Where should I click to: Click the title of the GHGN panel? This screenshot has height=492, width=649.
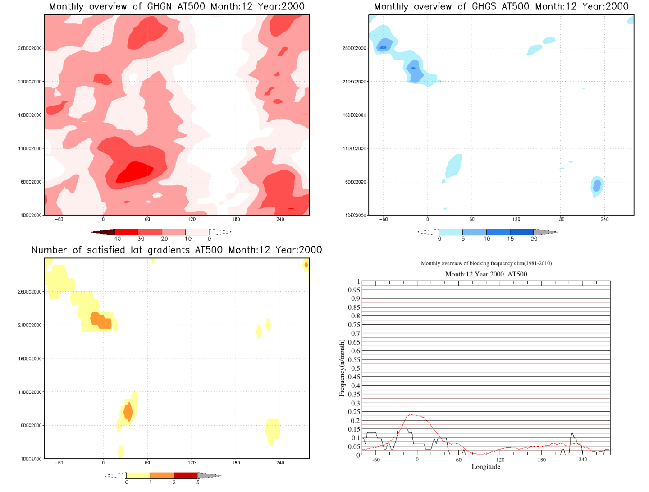coord(177,6)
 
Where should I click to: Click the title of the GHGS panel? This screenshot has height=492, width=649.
coord(501,6)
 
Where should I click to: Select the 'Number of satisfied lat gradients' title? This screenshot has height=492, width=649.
coord(177,250)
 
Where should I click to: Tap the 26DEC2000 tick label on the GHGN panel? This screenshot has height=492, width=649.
coord(30,48)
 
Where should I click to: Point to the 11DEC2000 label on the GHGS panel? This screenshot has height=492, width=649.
coord(354,148)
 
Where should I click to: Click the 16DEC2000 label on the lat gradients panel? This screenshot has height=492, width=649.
coord(30,359)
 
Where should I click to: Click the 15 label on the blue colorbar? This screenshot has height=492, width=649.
coord(510,239)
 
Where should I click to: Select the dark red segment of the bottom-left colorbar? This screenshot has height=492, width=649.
coord(185,475)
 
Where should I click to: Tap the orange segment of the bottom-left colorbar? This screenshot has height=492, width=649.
coord(161,475)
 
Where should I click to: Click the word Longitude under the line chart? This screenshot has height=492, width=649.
coord(486,467)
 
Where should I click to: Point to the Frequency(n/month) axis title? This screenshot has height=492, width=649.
coord(342,368)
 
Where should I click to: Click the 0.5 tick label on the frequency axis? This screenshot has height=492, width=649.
coord(355,368)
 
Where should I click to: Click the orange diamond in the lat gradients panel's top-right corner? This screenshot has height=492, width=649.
coord(306,265)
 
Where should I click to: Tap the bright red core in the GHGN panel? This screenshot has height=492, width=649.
coord(135,171)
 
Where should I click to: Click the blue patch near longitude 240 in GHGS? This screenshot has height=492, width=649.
coord(597,185)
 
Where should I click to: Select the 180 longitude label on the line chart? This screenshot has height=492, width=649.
coord(541,460)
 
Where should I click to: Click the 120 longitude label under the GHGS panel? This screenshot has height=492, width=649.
coord(516,219)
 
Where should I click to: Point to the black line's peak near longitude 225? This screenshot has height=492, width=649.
coord(572,433)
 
